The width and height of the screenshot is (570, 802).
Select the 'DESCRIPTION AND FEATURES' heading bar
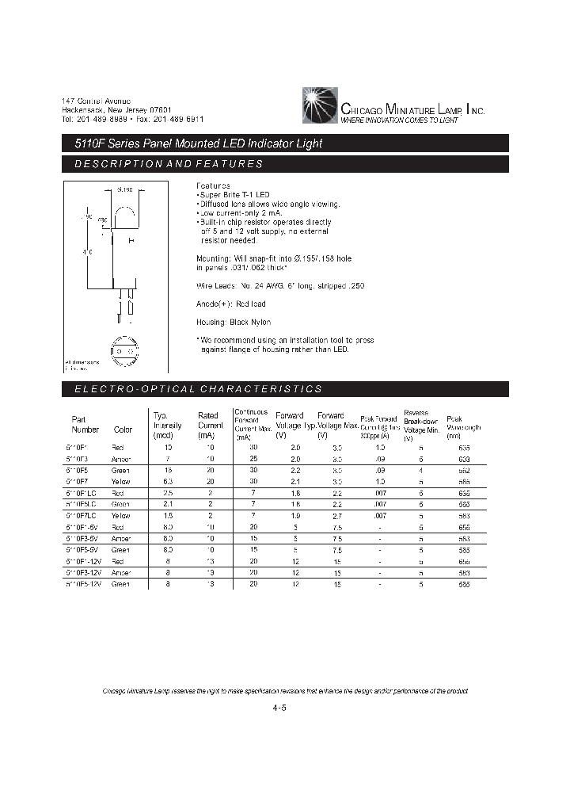pyautogui.click(x=285, y=164)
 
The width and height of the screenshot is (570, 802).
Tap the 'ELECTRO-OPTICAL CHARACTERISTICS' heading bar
pyautogui.click(x=285, y=389)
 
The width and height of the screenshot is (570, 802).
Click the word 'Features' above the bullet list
pyautogui.click(x=213, y=184)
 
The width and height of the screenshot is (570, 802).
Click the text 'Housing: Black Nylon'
pyautogui.click(x=234, y=322)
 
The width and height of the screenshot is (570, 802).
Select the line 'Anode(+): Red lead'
pyautogui.click(x=231, y=304)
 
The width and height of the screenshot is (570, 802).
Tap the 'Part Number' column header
pyautogui.click(x=85, y=425)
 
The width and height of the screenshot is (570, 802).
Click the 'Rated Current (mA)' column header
pyautogui.click(x=208, y=425)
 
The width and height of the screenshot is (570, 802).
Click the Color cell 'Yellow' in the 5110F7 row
pyautogui.click(x=123, y=481)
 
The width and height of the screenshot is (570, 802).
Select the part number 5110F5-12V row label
pyautogui.click(x=86, y=584)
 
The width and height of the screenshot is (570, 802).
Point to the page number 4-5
pyautogui.click(x=278, y=708)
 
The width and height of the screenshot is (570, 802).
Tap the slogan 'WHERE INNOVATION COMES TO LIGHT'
pyautogui.click(x=399, y=120)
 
